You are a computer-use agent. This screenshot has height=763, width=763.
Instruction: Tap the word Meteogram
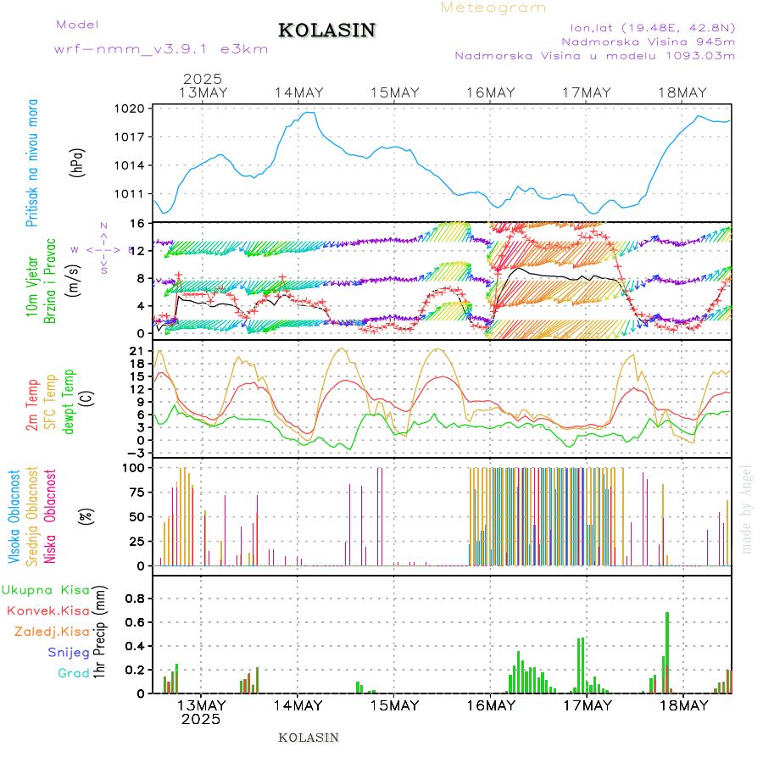pos(493,8)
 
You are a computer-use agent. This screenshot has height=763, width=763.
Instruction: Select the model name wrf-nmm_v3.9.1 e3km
pos(161,49)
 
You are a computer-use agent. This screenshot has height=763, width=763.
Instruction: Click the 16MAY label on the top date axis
pos(490,93)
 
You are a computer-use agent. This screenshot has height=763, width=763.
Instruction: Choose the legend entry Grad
pos(73,673)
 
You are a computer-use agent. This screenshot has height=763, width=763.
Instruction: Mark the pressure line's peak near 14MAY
pos(309,113)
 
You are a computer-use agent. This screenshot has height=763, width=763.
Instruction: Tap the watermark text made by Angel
pos(747,509)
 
